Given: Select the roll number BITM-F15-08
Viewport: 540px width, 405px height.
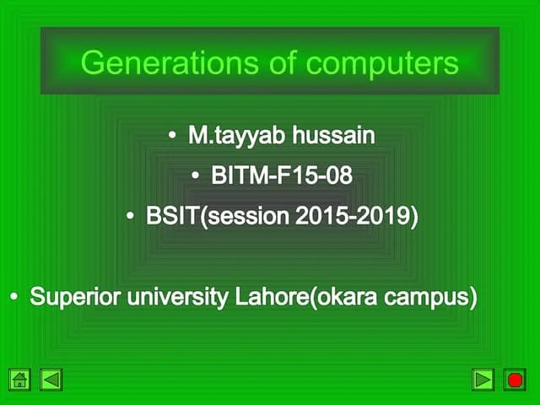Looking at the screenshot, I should pyautogui.click(x=281, y=175).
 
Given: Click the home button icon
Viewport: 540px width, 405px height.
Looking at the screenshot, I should pyautogui.click(x=20, y=380).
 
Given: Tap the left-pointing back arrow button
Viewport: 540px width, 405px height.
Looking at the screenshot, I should pyautogui.click(x=51, y=380).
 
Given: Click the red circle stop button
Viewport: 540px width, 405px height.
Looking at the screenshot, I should pyautogui.click(x=515, y=380).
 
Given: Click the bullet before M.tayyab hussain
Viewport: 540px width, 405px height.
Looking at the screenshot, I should pyautogui.click(x=172, y=136).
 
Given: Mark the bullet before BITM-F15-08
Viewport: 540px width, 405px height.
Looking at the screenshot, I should pyautogui.click(x=196, y=176).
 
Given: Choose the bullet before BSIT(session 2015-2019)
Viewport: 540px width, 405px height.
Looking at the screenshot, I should pyautogui.click(x=131, y=217).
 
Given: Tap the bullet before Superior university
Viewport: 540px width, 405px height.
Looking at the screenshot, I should pyautogui.click(x=14, y=298).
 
